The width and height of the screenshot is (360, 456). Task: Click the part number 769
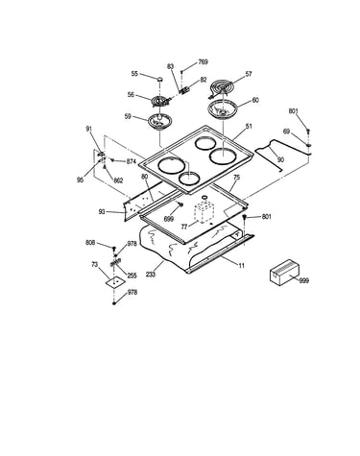(x=203, y=62)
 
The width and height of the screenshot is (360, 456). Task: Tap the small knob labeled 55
(x=159, y=79)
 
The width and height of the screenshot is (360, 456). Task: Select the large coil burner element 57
(x=222, y=87)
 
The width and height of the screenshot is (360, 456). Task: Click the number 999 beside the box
(x=304, y=280)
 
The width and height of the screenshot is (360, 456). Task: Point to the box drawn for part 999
(x=284, y=272)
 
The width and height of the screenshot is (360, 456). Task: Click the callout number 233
(x=151, y=275)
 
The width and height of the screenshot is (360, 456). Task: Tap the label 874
(x=132, y=162)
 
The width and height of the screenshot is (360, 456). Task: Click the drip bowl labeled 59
(x=160, y=122)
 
